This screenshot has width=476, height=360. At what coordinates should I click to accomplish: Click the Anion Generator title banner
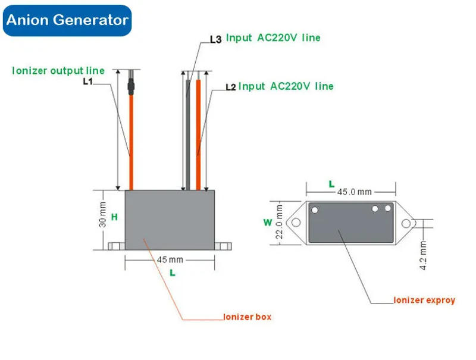point(67,20)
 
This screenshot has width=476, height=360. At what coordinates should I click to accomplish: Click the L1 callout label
point(87,82)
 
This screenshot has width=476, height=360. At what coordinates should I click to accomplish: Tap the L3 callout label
point(215,40)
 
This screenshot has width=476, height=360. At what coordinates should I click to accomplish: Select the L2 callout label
point(231,87)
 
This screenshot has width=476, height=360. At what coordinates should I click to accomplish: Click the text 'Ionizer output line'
point(58,70)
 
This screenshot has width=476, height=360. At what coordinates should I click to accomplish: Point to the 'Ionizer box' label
point(247,317)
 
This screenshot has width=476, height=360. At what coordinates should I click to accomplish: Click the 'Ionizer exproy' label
point(424,300)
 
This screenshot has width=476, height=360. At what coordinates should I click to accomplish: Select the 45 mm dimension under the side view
point(170,260)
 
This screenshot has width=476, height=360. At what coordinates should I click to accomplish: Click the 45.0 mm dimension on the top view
point(354,192)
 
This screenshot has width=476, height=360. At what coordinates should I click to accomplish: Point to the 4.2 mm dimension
point(423,256)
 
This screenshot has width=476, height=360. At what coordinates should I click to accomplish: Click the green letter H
point(114,217)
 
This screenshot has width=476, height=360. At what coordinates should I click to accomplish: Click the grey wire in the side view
point(187,137)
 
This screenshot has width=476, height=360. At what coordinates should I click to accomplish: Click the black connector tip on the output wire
point(131,87)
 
